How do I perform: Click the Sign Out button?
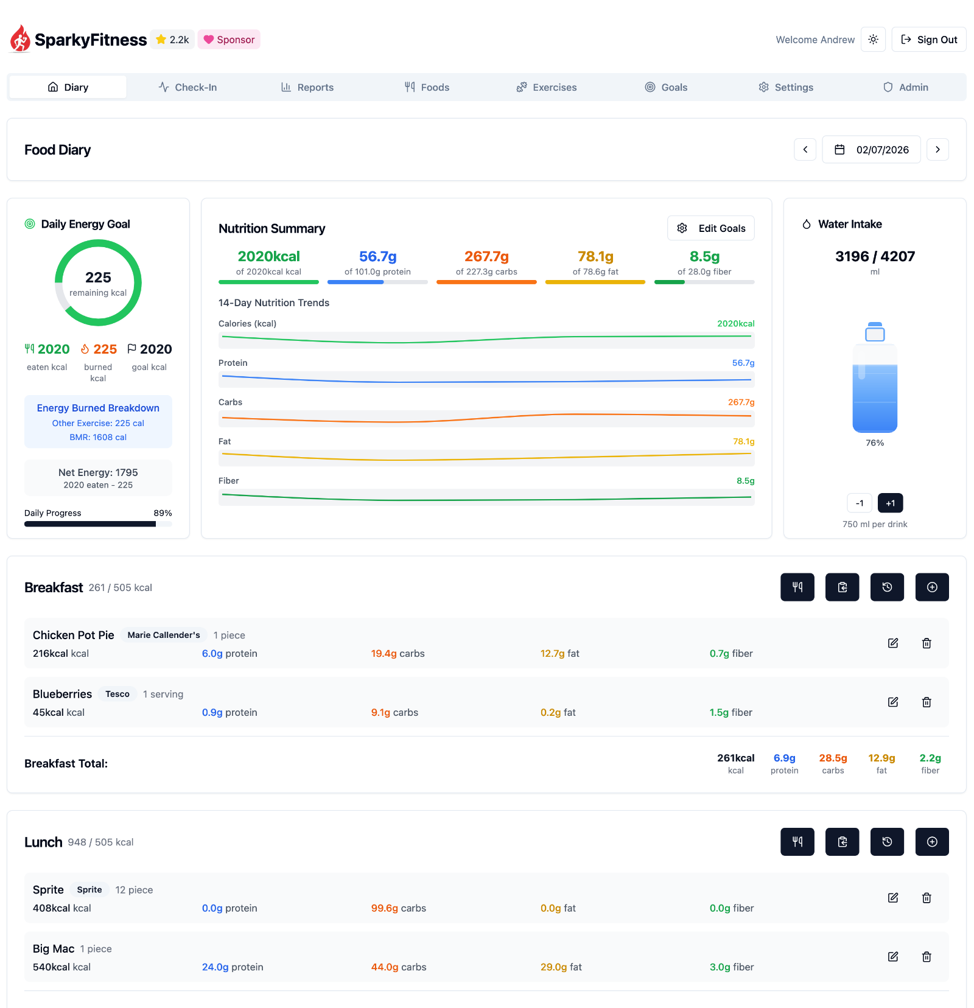(928, 40)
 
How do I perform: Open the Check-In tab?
(187, 87)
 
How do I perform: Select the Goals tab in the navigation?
(666, 87)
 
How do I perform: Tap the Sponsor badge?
(229, 40)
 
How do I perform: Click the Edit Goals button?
(710, 228)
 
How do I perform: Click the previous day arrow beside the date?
(805, 150)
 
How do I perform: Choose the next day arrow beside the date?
(937, 150)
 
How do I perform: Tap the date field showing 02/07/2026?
(871, 150)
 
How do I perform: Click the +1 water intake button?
(890, 503)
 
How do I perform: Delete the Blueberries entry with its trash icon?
(927, 702)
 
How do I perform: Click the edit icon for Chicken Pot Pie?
(893, 643)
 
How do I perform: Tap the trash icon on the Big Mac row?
(927, 957)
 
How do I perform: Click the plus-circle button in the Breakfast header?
(932, 587)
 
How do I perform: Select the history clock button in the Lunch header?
(887, 842)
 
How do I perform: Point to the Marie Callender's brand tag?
(164, 635)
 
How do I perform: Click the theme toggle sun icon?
(873, 40)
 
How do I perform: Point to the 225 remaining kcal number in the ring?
(98, 278)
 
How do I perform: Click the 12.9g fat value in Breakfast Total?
(881, 758)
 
